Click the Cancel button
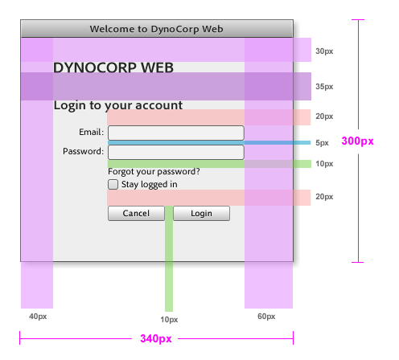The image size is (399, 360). tap(136, 213)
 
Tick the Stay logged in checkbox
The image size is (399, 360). tap(113, 184)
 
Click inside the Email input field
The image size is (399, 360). tap(176, 133)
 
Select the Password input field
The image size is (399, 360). tap(176, 153)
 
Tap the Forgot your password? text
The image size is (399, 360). tap(154, 172)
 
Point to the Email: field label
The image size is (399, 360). tap(91, 132)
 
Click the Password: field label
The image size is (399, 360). tap(83, 151)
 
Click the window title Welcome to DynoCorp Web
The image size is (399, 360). tap(156, 29)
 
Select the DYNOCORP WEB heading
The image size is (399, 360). tap(113, 67)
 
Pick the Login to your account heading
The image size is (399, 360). tap(118, 105)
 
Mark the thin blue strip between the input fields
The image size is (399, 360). tap(209, 143)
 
